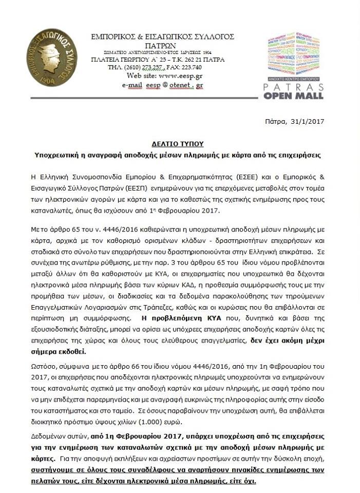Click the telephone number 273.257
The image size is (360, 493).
tap(151, 67)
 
